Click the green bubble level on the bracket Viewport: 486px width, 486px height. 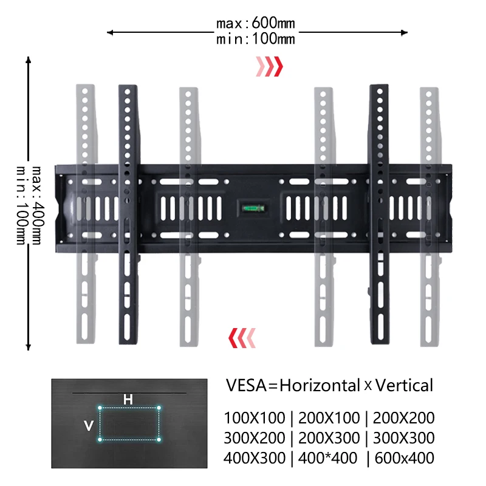tap(252, 207)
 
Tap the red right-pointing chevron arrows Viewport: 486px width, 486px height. tap(269, 66)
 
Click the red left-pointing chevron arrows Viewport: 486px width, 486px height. tap(241, 335)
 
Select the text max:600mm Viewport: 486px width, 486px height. tap(255, 24)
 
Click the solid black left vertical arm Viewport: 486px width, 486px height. tap(128, 213)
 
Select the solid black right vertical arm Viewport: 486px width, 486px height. tap(380, 213)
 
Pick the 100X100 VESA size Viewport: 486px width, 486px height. tap(255, 418)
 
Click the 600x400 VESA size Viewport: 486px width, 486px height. tap(404, 458)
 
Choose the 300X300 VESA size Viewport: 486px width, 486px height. tap(404, 438)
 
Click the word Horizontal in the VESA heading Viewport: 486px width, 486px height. tap(320, 385)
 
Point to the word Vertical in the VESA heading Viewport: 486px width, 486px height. tap(404, 385)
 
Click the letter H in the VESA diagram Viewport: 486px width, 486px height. tap(128, 399)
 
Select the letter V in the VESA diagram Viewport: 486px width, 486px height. tap(89, 426)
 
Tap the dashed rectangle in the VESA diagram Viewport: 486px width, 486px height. tap(129, 423)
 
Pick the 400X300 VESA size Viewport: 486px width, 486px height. tap(255, 458)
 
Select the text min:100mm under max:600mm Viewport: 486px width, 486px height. tap(255, 39)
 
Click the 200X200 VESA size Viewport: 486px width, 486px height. tap(404, 418)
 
